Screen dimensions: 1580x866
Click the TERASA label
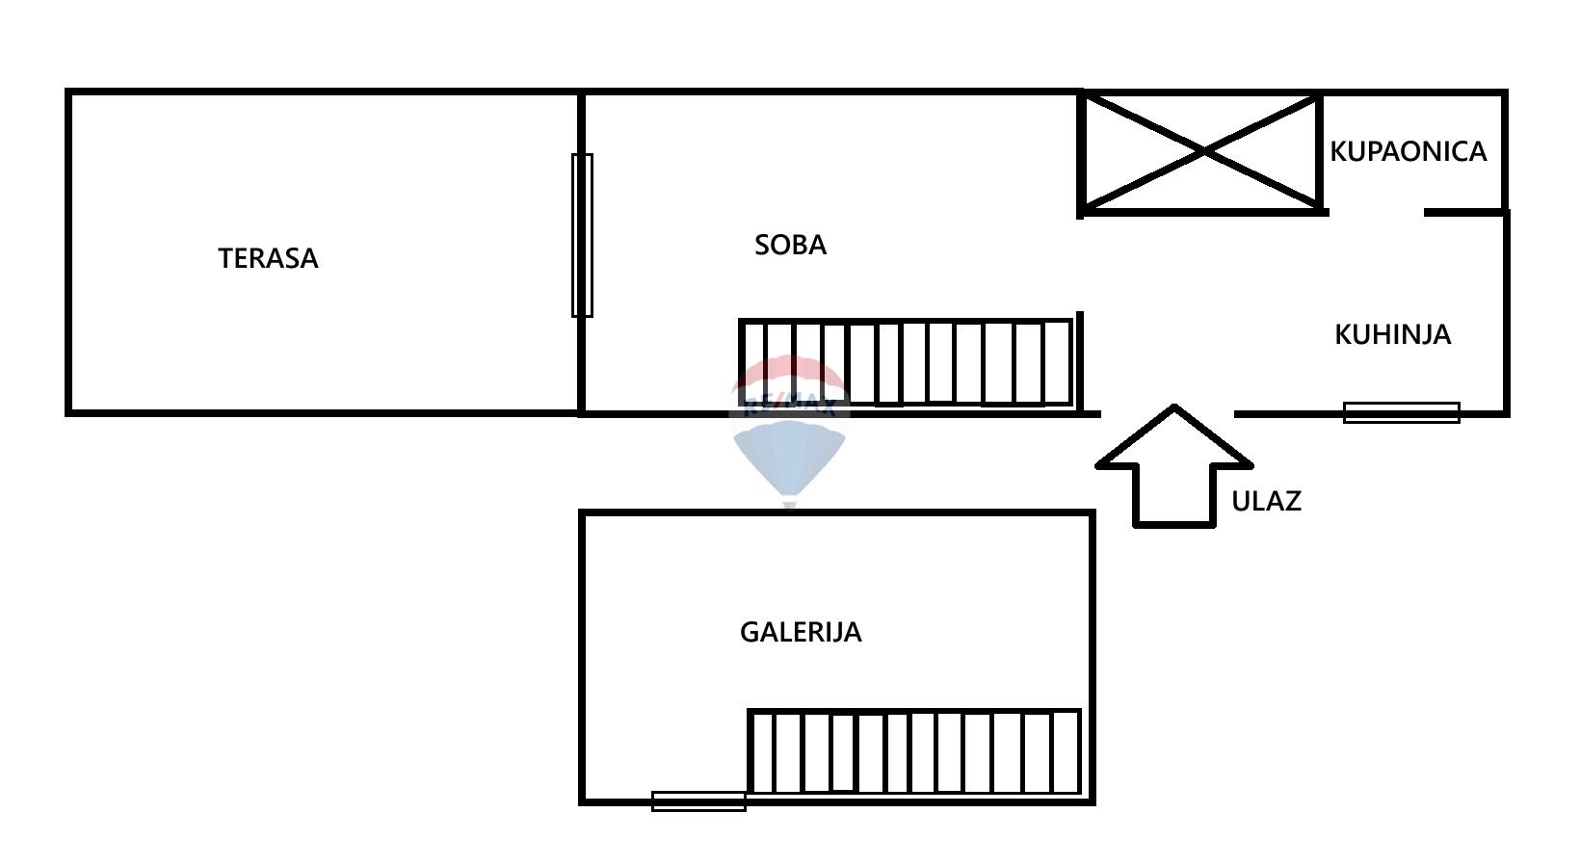[268, 259]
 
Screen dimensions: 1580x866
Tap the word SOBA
[790, 246]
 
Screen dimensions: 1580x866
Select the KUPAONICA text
[1408, 151]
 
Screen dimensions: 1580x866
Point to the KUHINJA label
[1392, 334]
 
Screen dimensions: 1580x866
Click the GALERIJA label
[801, 632]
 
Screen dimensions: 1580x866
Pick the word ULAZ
[1266, 502]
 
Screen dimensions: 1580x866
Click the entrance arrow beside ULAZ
[1174, 465]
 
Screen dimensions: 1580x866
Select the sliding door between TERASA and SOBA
[582, 236]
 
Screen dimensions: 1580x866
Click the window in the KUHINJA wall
[1402, 412]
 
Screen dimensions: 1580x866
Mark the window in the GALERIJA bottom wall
[698, 801]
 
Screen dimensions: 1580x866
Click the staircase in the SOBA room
[907, 363]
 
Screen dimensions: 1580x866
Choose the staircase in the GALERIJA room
[914, 751]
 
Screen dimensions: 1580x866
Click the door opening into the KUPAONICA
[1377, 212]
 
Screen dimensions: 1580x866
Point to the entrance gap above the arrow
[1168, 414]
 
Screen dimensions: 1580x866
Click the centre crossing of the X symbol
[1202, 152]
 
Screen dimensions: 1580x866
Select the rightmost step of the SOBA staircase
[1057, 363]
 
